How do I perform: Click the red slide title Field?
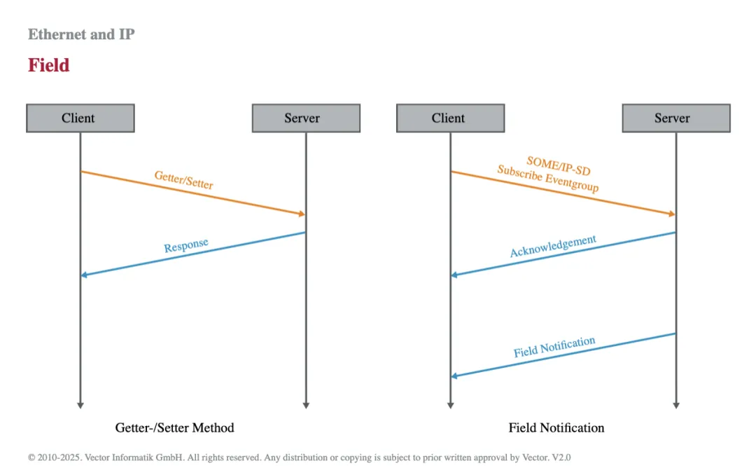(49, 65)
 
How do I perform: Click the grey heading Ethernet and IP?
(81, 34)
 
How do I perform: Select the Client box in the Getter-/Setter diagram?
(80, 118)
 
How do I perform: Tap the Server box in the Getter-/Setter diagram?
(306, 118)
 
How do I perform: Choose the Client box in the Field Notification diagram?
(450, 118)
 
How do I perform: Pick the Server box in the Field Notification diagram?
(676, 118)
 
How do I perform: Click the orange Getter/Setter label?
(183, 179)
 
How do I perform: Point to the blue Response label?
(186, 245)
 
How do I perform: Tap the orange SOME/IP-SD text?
(559, 165)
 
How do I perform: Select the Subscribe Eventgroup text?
(548, 178)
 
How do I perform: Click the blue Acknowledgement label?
(553, 246)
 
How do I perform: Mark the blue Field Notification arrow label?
(554, 347)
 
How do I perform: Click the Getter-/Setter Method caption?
(174, 428)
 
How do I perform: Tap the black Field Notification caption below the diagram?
(556, 428)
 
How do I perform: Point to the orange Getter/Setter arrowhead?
(302, 214)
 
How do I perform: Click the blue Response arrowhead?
(85, 275)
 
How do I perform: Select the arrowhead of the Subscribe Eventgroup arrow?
(672, 214)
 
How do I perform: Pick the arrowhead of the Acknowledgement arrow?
(454, 275)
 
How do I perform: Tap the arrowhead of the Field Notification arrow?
(454, 376)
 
